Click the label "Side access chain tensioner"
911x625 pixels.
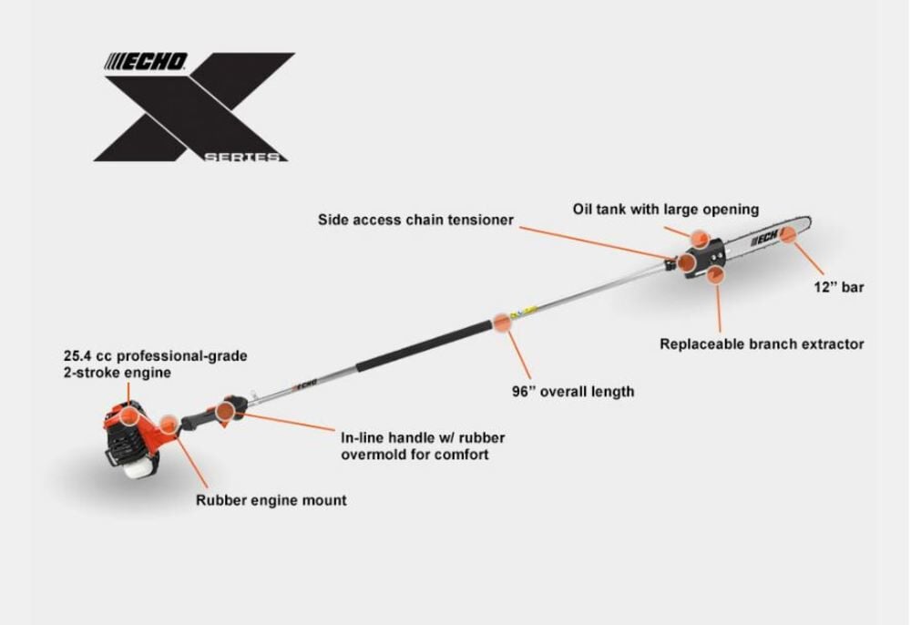[x=415, y=220]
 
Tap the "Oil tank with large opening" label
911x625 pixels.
[x=665, y=209]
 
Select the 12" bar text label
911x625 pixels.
[x=838, y=287]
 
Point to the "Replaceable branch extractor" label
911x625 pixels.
[x=762, y=343]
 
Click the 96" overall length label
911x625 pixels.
[x=573, y=392]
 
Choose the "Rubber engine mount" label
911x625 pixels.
[x=271, y=500]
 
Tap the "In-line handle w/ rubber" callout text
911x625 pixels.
[x=423, y=437]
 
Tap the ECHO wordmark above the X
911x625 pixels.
[x=147, y=62]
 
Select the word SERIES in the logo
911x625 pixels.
[x=241, y=157]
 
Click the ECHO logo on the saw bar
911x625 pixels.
[x=764, y=238]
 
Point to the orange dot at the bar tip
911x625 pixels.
[x=788, y=235]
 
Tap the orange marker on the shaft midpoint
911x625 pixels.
[x=502, y=323]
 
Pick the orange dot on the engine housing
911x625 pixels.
[x=129, y=415]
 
